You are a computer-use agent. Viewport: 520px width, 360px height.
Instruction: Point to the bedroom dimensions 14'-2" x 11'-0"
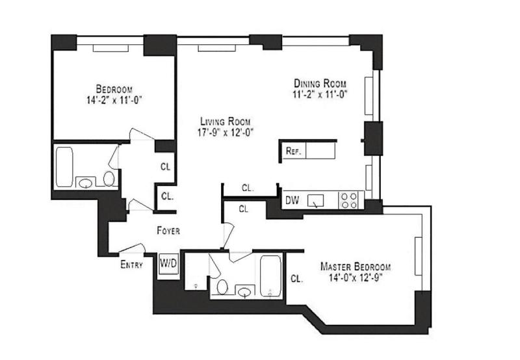(x=114, y=100)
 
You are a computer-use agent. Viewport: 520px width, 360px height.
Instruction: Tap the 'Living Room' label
(x=225, y=122)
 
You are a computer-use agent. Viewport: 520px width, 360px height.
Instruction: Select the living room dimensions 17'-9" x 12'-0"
(x=225, y=132)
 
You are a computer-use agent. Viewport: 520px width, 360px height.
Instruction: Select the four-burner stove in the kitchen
(x=349, y=200)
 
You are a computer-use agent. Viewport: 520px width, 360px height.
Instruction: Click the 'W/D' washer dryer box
(x=168, y=263)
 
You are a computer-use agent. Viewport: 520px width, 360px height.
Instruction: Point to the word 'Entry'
(x=131, y=264)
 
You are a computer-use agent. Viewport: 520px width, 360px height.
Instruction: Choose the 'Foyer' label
(x=168, y=231)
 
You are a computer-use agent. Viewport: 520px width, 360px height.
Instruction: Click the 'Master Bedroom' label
(x=355, y=267)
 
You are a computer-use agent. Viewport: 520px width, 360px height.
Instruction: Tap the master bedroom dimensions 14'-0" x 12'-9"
(x=355, y=278)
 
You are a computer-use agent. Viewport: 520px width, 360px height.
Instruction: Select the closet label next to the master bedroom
(x=296, y=279)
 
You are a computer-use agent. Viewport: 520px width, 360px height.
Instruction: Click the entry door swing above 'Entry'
(x=133, y=248)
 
